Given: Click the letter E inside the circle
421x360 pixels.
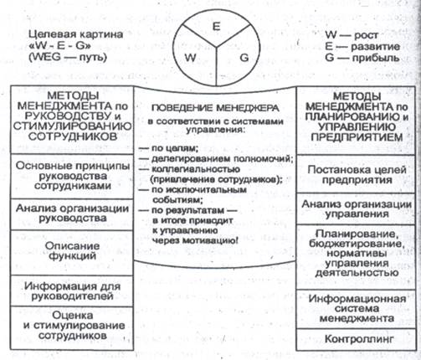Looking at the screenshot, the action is click(x=216, y=26).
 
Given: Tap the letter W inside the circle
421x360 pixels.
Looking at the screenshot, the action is click(x=191, y=58).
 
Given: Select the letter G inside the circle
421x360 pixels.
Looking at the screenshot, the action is click(x=244, y=58).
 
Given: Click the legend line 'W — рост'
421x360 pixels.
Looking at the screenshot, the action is click(x=352, y=35).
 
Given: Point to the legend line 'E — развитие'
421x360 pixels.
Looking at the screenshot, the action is click(x=362, y=46).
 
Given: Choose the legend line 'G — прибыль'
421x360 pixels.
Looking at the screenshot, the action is click(x=362, y=58).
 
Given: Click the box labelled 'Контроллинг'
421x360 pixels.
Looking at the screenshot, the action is click(x=356, y=339).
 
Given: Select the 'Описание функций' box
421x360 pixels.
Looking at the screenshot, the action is click(x=72, y=253).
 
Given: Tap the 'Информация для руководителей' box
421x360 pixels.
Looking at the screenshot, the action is click(x=72, y=291).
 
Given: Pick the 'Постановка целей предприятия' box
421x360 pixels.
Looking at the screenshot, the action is click(x=356, y=174).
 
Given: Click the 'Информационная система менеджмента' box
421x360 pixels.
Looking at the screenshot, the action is click(x=356, y=309).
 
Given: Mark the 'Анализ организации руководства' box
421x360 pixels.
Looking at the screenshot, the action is click(x=72, y=214).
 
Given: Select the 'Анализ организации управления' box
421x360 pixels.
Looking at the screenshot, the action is click(x=356, y=208).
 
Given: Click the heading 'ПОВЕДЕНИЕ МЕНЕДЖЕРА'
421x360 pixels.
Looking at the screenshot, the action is click(x=215, y=108).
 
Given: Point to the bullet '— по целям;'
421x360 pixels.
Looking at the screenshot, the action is click(x=168, y=148).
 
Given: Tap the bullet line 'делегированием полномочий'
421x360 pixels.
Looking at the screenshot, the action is click(x=222, y=159).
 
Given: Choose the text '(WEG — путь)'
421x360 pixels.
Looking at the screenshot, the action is click(x=68, y=58).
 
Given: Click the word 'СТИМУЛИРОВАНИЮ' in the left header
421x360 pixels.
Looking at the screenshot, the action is click(x=72, y=126).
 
